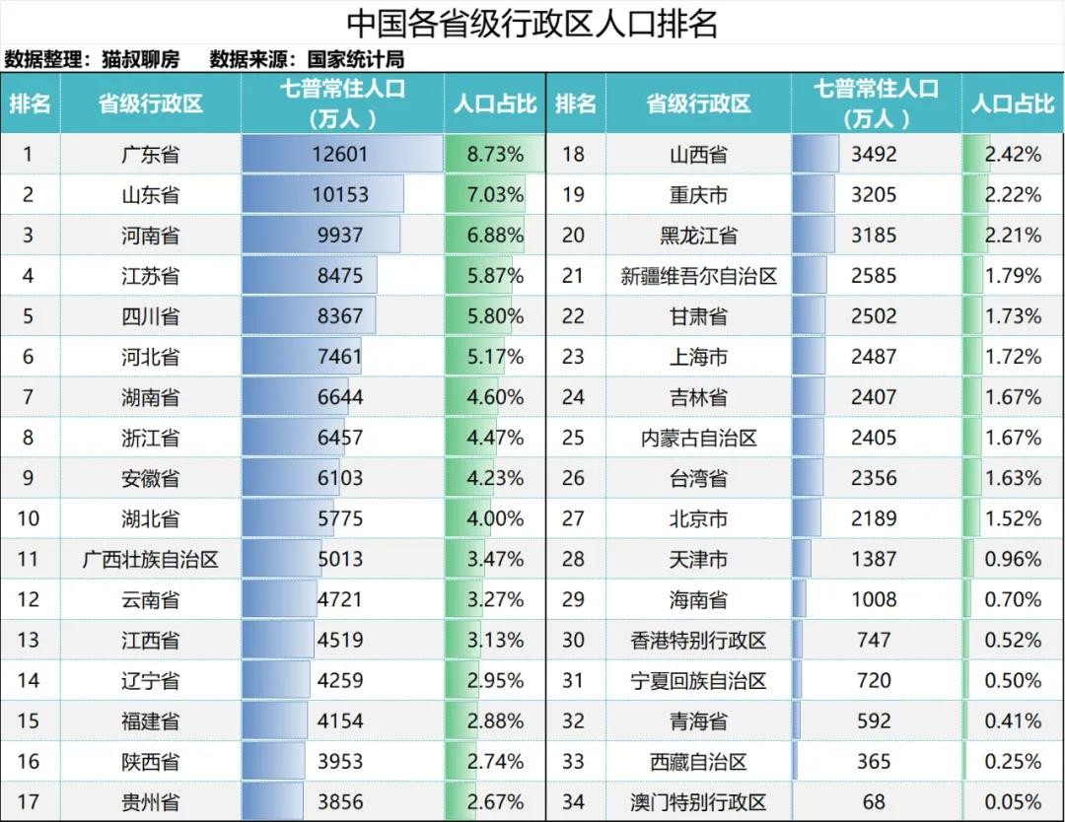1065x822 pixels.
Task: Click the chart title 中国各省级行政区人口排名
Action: click(x=532, y=23)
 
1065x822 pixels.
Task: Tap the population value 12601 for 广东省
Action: click(x=340, y=154)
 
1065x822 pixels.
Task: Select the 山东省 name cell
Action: click(x=150, y=195)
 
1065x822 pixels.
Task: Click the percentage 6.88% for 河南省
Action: click(x=495, y=236)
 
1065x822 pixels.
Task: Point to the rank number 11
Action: click(x=29, y=559)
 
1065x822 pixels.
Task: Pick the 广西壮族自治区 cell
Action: click(x=150, y=559)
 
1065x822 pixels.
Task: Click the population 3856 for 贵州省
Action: click(x=340, y=801)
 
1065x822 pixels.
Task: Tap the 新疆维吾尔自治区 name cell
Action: click(x=698, y=276)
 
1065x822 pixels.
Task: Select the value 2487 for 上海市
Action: click(x=874, y=357)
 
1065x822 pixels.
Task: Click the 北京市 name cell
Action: click(x=698, y=518)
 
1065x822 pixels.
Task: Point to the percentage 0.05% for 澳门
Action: click(x=1013, y=801)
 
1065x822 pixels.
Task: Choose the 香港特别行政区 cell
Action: click(x=698, y=640)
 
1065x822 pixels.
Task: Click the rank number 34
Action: click(x=574, y=801)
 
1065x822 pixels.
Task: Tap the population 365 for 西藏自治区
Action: click(x=874, y=761)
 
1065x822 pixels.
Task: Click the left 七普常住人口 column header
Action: click(x=342, y=103)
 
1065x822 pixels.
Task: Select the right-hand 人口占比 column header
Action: click(x=1013, y=103)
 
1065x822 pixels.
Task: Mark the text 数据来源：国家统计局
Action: click(x=307, y=59)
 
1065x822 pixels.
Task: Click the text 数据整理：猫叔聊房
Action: click(x=92, y=59)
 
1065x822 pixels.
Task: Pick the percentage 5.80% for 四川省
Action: click(x=495, y=316)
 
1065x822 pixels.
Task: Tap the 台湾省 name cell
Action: click(x=698, y=478)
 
